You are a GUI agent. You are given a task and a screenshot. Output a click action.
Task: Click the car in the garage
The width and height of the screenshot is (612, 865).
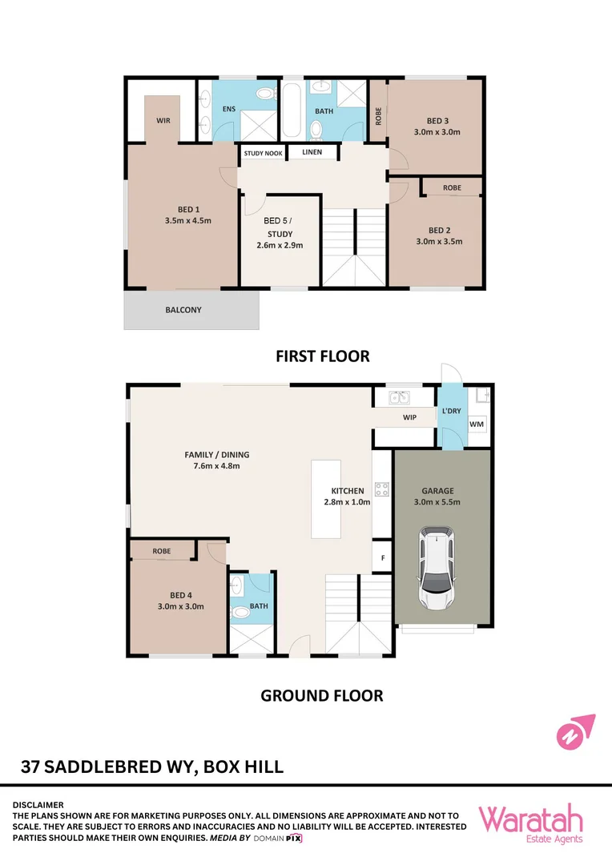coord(436,568)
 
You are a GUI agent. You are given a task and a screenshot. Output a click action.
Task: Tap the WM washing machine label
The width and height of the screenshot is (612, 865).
coord(477,424)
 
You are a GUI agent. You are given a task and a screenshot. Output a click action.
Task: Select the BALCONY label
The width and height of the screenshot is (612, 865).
coord(183,310)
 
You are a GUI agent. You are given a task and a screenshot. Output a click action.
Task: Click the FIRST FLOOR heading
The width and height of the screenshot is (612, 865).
coord(323,356)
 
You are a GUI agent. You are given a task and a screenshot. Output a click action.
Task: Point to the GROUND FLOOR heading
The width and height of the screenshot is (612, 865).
coord(322,696)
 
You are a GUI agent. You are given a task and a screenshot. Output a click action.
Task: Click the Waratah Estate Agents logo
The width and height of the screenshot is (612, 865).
coord(530,824)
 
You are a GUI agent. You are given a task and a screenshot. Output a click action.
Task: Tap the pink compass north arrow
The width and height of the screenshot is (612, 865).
coord(576,732)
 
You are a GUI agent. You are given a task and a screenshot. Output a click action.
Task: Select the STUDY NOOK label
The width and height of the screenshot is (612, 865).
coord(264,153)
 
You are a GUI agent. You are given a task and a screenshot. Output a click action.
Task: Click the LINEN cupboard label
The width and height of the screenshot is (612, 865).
coord(312,151)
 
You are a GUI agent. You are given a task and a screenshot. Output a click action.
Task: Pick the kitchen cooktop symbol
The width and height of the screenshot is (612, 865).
coord(382,489)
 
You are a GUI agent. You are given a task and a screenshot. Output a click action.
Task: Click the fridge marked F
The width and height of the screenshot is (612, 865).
coord(382,557)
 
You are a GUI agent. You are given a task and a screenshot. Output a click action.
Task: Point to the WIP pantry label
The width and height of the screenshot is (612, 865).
coord(409,417)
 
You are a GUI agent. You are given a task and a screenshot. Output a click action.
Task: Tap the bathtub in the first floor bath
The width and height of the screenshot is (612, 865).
coord(292,110)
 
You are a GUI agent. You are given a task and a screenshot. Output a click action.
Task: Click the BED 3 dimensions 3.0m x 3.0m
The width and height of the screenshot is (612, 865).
coord(437,132)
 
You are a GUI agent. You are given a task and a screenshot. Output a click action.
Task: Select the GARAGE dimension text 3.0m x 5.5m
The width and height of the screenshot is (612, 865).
coord(437,502)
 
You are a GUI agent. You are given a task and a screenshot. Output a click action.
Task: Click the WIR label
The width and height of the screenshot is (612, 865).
coord(163,120)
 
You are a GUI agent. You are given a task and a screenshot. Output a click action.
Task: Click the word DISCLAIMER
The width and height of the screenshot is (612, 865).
coord(38,805)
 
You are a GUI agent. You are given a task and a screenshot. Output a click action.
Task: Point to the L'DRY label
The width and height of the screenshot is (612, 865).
coord(452,411)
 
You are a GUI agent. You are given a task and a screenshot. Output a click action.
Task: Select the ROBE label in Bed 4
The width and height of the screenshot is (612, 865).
coord(162,551)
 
